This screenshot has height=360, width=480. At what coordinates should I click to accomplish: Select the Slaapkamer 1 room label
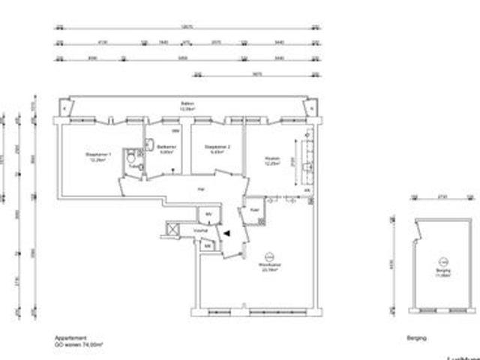coord(99,155)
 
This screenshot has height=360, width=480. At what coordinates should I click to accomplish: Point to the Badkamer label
coord(166,148)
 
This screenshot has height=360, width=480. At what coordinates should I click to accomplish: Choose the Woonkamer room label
coord(268,265)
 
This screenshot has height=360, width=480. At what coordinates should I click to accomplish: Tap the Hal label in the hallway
coord(200,189)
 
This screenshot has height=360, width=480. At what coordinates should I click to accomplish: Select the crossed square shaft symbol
coord(172,229)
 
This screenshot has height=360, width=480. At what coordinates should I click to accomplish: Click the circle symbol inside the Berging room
coord(443,261)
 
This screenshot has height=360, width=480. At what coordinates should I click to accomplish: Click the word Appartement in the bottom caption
coord(67,338)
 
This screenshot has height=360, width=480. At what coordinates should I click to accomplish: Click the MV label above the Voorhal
coord(209,215)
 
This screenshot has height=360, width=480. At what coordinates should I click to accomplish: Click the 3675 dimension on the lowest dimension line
coord(256,73)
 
